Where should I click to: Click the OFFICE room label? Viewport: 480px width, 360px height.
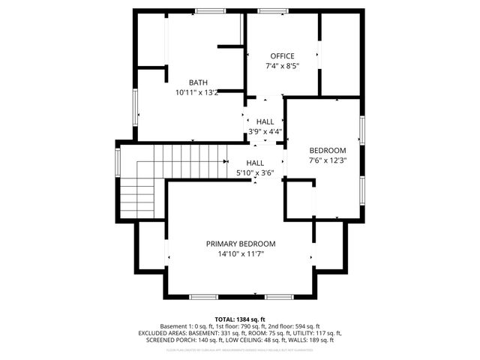pos(282,56)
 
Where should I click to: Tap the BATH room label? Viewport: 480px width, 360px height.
pos(198,82)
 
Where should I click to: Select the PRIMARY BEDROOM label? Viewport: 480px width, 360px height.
pos(241,244)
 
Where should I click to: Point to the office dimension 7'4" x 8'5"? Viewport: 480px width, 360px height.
pos(282,66)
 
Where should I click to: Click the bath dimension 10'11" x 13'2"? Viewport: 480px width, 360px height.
pos(197,93)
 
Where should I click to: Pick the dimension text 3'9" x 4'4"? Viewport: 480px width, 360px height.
pos(265,132)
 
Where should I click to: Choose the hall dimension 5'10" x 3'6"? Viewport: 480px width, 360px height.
pos(255,173)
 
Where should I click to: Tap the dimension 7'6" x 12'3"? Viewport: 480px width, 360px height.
pos(328,160)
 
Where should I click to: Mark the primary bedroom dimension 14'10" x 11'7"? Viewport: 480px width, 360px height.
pos(241,254)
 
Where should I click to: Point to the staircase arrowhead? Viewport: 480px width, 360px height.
pos(225,160)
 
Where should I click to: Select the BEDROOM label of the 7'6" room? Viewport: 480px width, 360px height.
pos(328,149)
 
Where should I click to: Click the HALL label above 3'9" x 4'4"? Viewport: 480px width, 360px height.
pos(265,121)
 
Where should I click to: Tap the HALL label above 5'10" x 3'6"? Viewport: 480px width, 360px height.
pos(255,163)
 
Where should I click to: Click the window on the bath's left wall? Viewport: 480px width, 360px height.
pos(135,106)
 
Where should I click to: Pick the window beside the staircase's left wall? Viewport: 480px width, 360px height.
pos(118,160)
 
